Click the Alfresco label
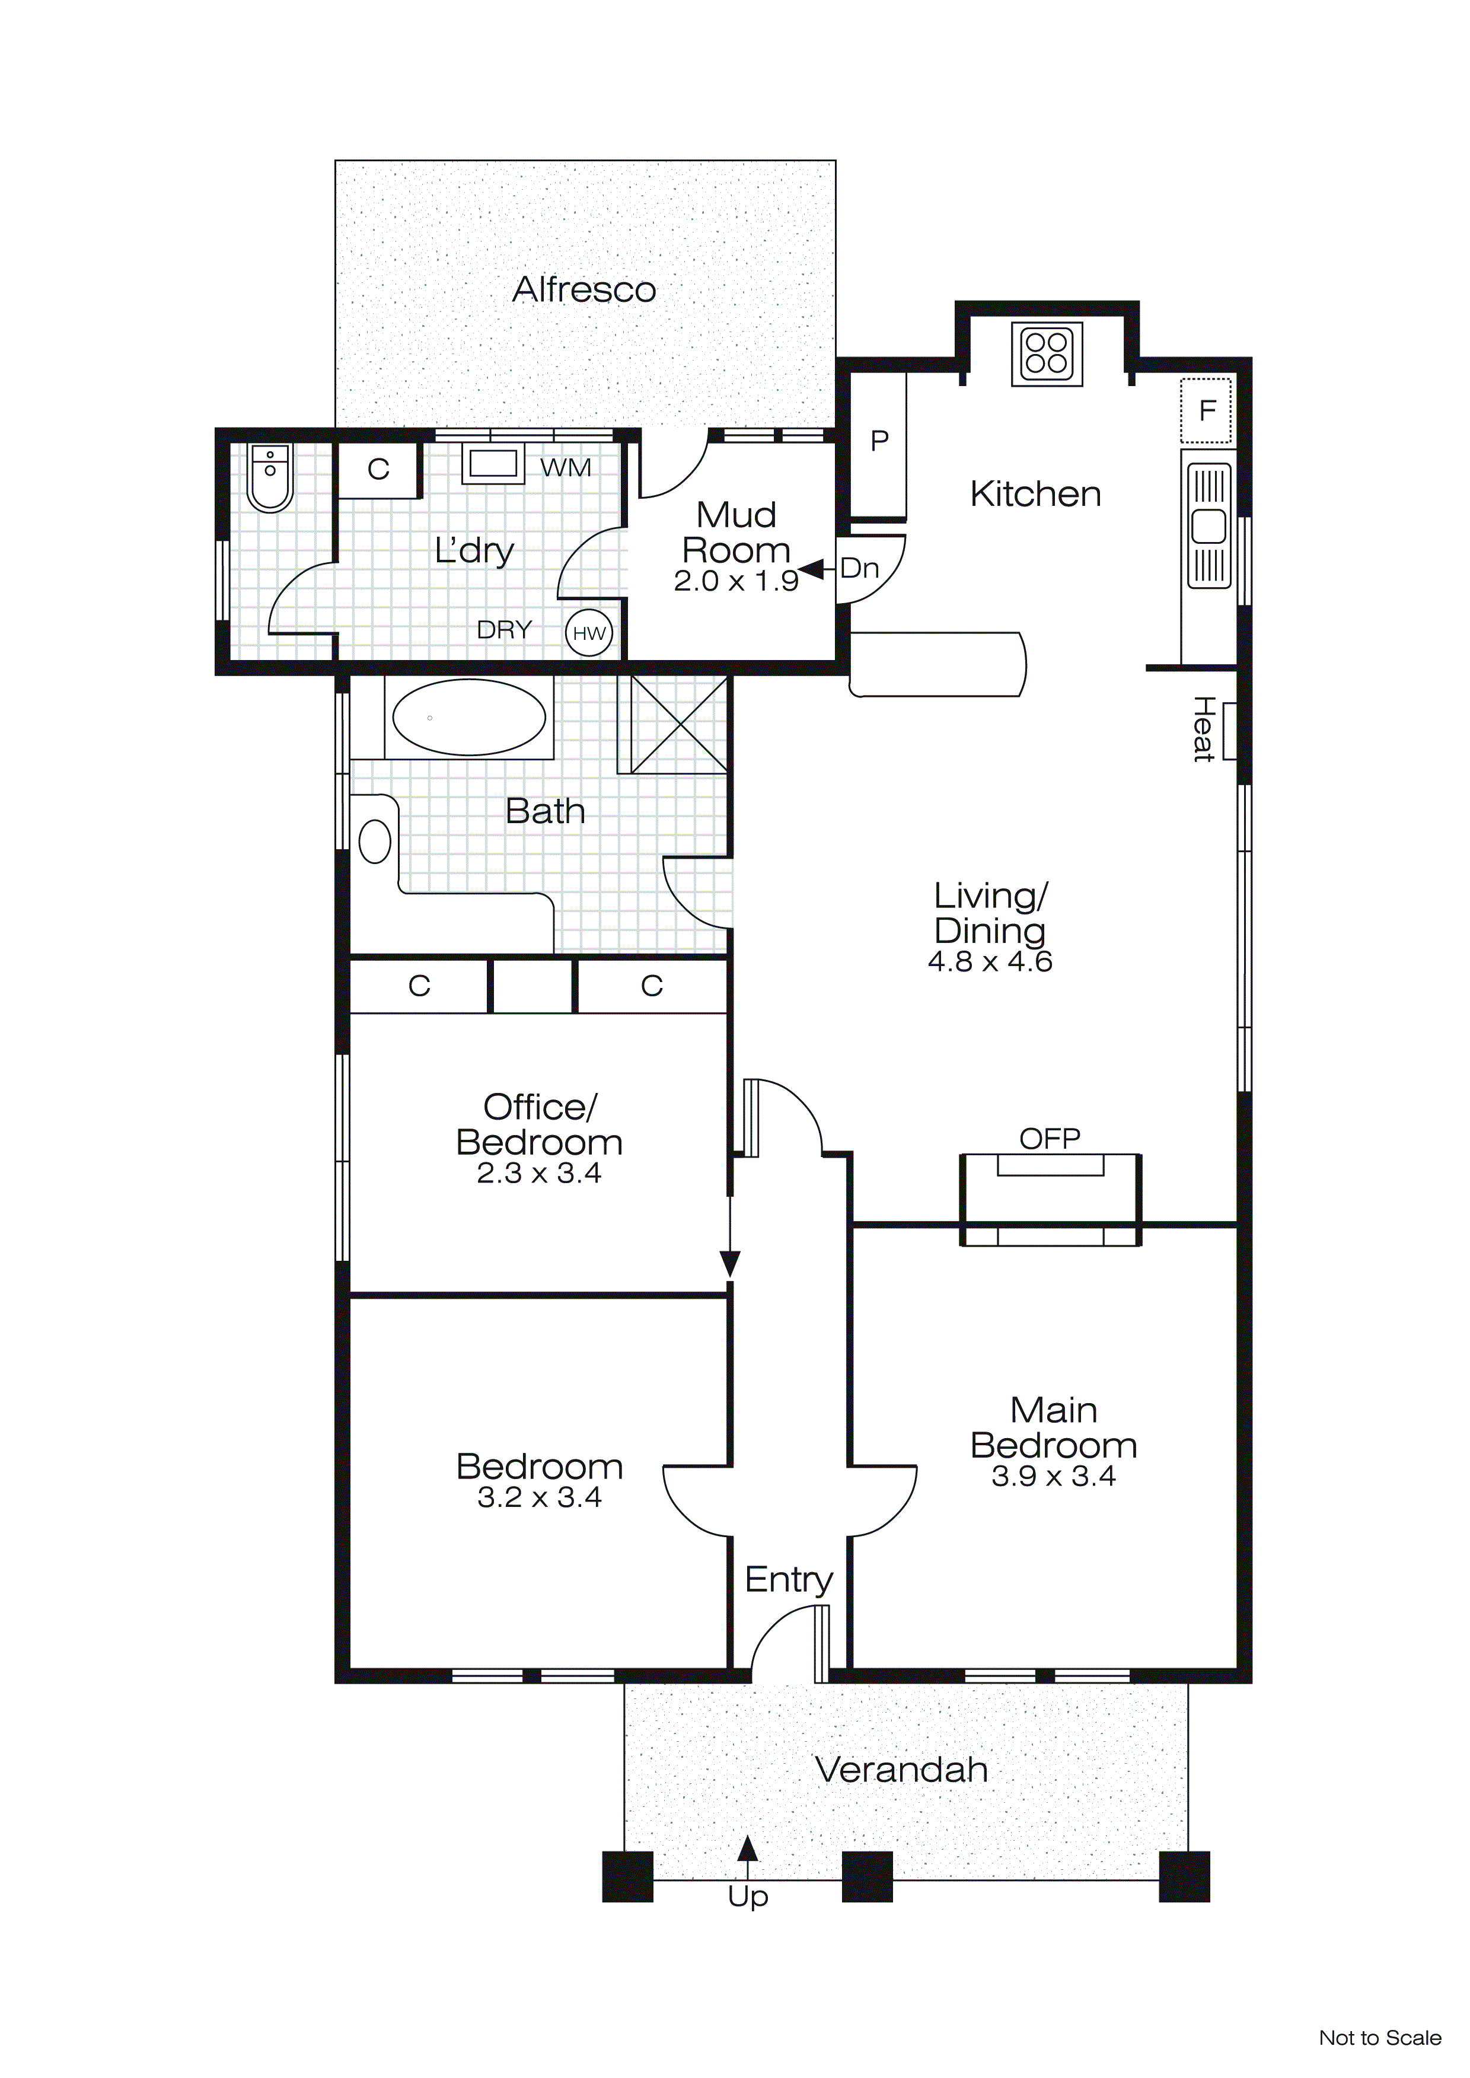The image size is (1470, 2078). pyautogui.click(x=584, y=289)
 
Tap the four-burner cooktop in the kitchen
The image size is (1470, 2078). pyautogui.click(x=1047, y=353)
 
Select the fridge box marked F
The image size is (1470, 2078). pyautogui.click(x=1206, y=411)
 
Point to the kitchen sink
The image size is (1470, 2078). pyautogui.click(x=1207, y=526)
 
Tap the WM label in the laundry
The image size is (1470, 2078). pyautogui.click(x=566, y=468)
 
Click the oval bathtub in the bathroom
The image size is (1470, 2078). pyautogui.click(x=469, y=717)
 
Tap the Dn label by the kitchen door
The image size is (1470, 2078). pyautogui.click(x=859, y=568)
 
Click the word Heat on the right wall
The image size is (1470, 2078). pyautogui.click(x=1202, y=729)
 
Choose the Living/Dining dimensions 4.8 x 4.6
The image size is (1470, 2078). pyautogui.click(x=989, y=961)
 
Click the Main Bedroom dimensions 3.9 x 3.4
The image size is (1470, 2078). pyautogui.click(x=1053, y=1476)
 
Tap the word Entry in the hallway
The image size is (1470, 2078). pyautogui.click(x=789, y=1579)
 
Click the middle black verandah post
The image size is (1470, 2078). pyautogui.click(x=867, y=1876)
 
